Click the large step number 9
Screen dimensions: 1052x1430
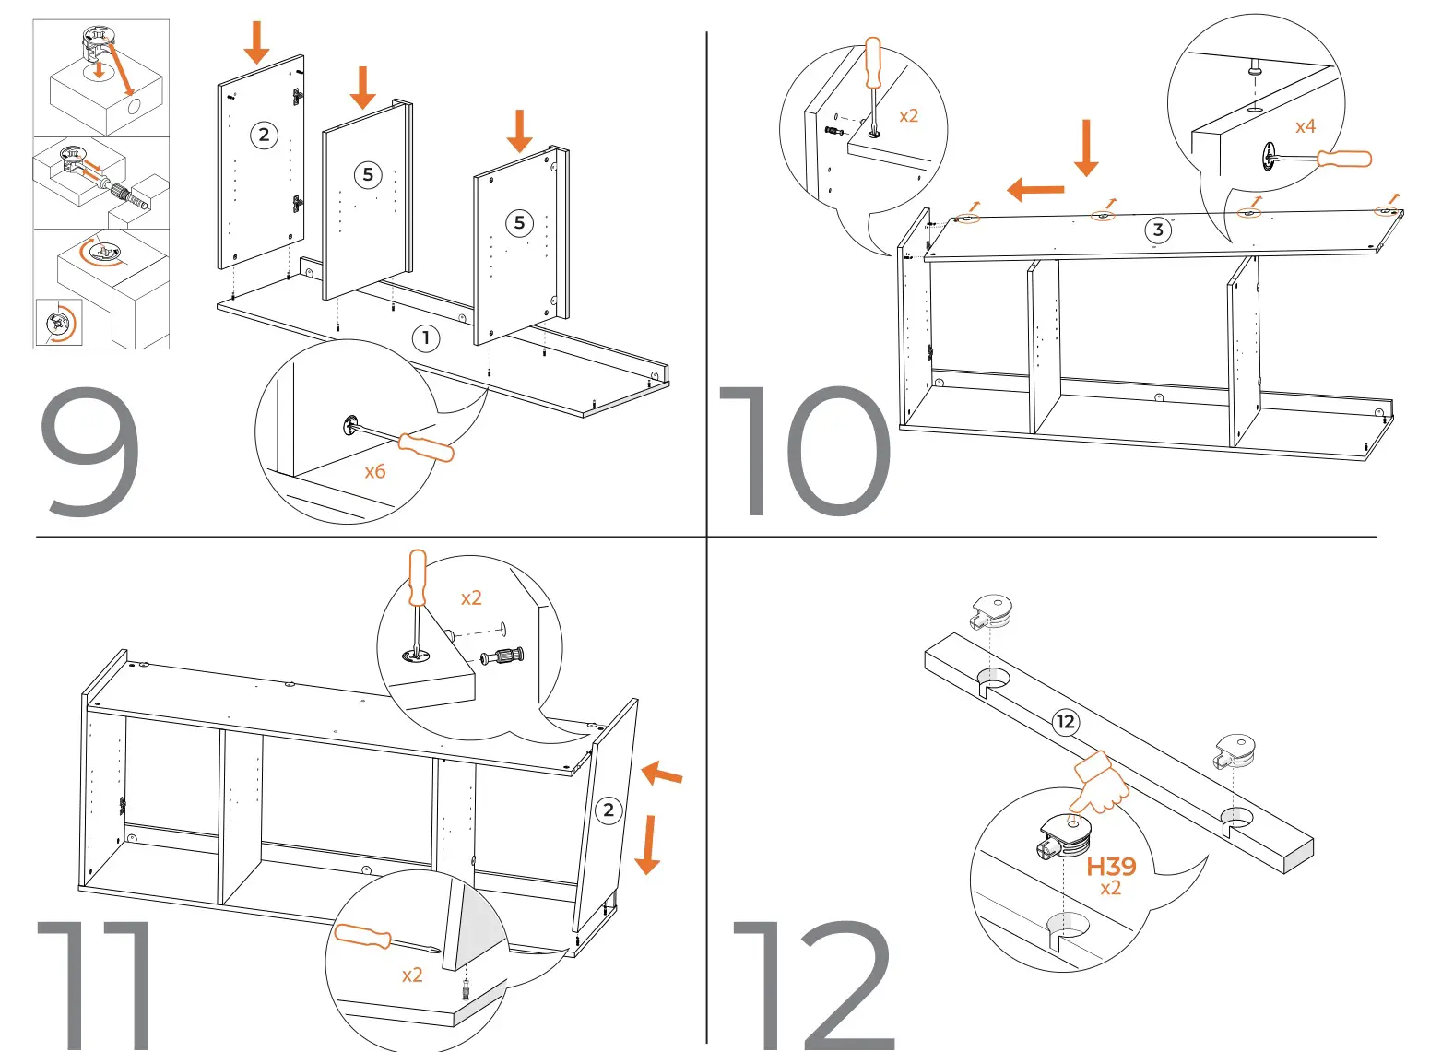click(89, 452)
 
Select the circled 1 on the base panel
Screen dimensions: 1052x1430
click(425, 338)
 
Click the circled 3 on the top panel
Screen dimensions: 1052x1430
click(1158, 230)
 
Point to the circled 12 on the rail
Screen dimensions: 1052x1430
click(1065, 722)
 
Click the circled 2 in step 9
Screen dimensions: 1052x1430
click(264, 136)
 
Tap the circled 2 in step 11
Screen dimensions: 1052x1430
click(608, 810)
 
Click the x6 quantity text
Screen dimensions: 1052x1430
click(374, 472)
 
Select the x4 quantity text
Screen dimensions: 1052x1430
click(1305, 127)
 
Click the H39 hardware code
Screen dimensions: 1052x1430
click(1111, 867)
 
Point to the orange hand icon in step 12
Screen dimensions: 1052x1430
click(1101, 784)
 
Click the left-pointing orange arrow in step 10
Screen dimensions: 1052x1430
click(1035, 190)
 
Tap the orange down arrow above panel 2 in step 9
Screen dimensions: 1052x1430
click(256, 41)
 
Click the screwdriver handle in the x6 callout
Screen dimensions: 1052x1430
click(426, 447)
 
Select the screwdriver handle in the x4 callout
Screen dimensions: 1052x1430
click(1344, 159)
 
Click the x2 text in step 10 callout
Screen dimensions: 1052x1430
click(908, 116)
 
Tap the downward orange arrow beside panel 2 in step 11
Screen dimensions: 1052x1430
click(647, 844)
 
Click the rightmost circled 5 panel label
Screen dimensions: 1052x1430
click(519, 222)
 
